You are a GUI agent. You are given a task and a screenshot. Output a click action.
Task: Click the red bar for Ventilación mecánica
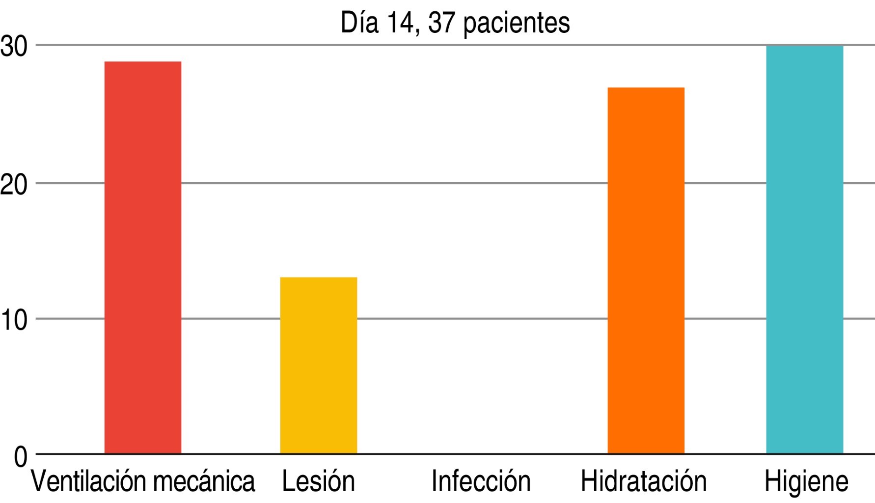[143, 257]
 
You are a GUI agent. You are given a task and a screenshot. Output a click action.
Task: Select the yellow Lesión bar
[319, 365]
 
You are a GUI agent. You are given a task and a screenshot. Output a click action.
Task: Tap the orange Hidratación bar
[646, 270]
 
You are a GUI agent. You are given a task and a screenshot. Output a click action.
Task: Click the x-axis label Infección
[481, 481]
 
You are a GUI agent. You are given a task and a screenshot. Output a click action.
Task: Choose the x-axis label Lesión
[318, 481]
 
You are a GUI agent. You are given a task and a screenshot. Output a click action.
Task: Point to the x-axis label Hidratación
[643, 481]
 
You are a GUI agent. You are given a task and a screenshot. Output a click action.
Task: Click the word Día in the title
[359, 23]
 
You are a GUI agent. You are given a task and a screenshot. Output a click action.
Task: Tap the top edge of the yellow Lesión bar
[319, 278]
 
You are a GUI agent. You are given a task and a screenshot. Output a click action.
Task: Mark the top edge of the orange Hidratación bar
[646, 88]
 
